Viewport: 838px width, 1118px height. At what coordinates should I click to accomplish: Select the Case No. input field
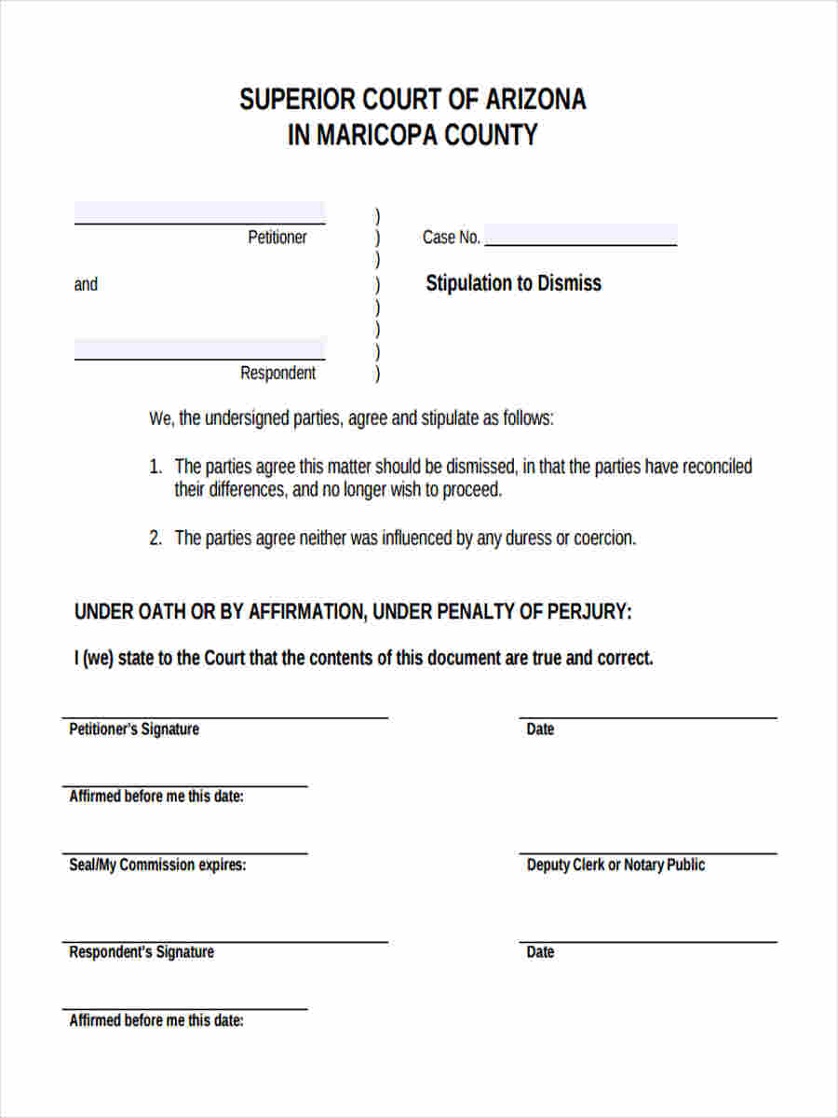pyautogui.click(x=580, y=235)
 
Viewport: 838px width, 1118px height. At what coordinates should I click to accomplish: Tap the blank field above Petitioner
pyautogui.click(x=199, y=212)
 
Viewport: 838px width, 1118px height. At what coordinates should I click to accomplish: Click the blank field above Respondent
pyautogui.click(x=199, y=348)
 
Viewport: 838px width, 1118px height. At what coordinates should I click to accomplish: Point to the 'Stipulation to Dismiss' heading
pyautogui.click(x=513, y=283)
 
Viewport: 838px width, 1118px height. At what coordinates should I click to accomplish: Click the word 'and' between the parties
pyautogui.click(x=86, y=284)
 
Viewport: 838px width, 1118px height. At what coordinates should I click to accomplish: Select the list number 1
pyautogui.click(x=155, y=467)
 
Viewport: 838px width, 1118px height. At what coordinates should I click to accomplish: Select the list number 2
pyautogui.click(x=155, y=539)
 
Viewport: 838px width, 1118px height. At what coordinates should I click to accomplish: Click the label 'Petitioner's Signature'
pyautogui.click(x=134, y=729)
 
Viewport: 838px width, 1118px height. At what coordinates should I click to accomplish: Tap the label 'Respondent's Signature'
pyautogui.click(x=142, y=952)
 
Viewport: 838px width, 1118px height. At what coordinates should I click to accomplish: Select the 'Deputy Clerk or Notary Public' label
pyautogui.click(x=615, y=865)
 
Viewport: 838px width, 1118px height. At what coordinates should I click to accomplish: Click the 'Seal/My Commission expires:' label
pyautogui.click(x=157, y=865)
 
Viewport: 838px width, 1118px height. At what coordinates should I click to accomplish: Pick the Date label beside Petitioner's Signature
pyautogui.click(x=540, y=729)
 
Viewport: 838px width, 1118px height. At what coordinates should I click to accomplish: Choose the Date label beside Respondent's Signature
pyautogui.click(x=540, y=952)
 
